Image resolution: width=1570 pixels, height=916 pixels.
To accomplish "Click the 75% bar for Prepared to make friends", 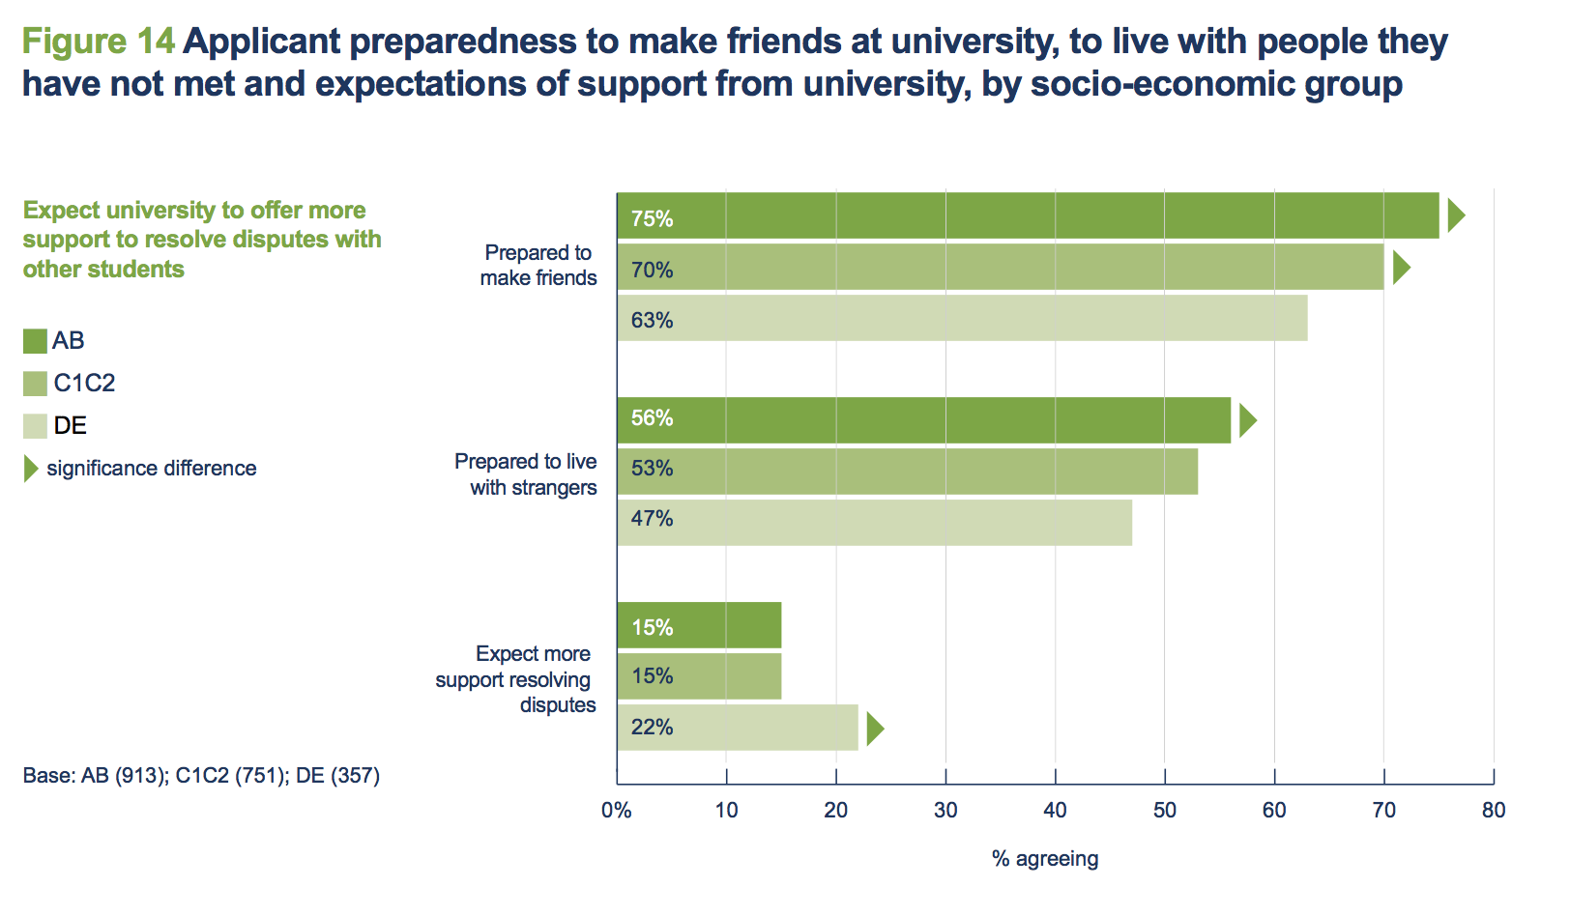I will click(x=1028, y=215).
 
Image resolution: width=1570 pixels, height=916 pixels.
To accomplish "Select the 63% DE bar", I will click(x=962, y=318).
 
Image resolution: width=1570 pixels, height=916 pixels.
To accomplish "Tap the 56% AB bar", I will click(x=923, y=420).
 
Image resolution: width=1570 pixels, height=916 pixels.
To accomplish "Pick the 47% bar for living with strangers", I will click(x=874, y=522).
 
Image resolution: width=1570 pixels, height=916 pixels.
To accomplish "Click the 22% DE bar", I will click(x=738, y=727).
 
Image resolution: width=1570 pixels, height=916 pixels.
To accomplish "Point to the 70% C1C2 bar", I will click(x=1001, y=267).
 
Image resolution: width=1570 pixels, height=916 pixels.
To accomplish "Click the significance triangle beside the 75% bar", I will click(x=1455, y=215).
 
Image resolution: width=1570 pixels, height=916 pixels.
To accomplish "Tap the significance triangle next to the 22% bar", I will click(x=874, y=728).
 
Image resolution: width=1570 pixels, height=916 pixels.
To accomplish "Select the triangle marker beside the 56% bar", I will click(x=1247, y=420).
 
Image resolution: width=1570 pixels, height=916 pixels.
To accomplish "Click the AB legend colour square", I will click(x=35, y=341).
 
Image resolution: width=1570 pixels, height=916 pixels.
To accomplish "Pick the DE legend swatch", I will click(x=35, y=426).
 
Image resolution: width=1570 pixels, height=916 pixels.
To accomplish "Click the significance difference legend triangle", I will click(x=30, y=469).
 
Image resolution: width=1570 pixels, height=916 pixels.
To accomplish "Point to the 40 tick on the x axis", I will click(x=1055, y=810).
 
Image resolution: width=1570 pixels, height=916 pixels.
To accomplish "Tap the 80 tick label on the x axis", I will click(x=1493, y=810).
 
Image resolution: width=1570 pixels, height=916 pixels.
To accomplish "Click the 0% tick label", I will click(x=617, y=810).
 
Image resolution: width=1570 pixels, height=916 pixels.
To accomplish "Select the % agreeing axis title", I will click(x=1045, y=858).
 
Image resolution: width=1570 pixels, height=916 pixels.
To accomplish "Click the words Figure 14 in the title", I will click(x=98, y=42).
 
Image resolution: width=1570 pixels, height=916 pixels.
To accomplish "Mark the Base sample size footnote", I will click(x=201, y=775).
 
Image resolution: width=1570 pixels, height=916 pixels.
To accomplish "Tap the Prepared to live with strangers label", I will click(x=526, y=474).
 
